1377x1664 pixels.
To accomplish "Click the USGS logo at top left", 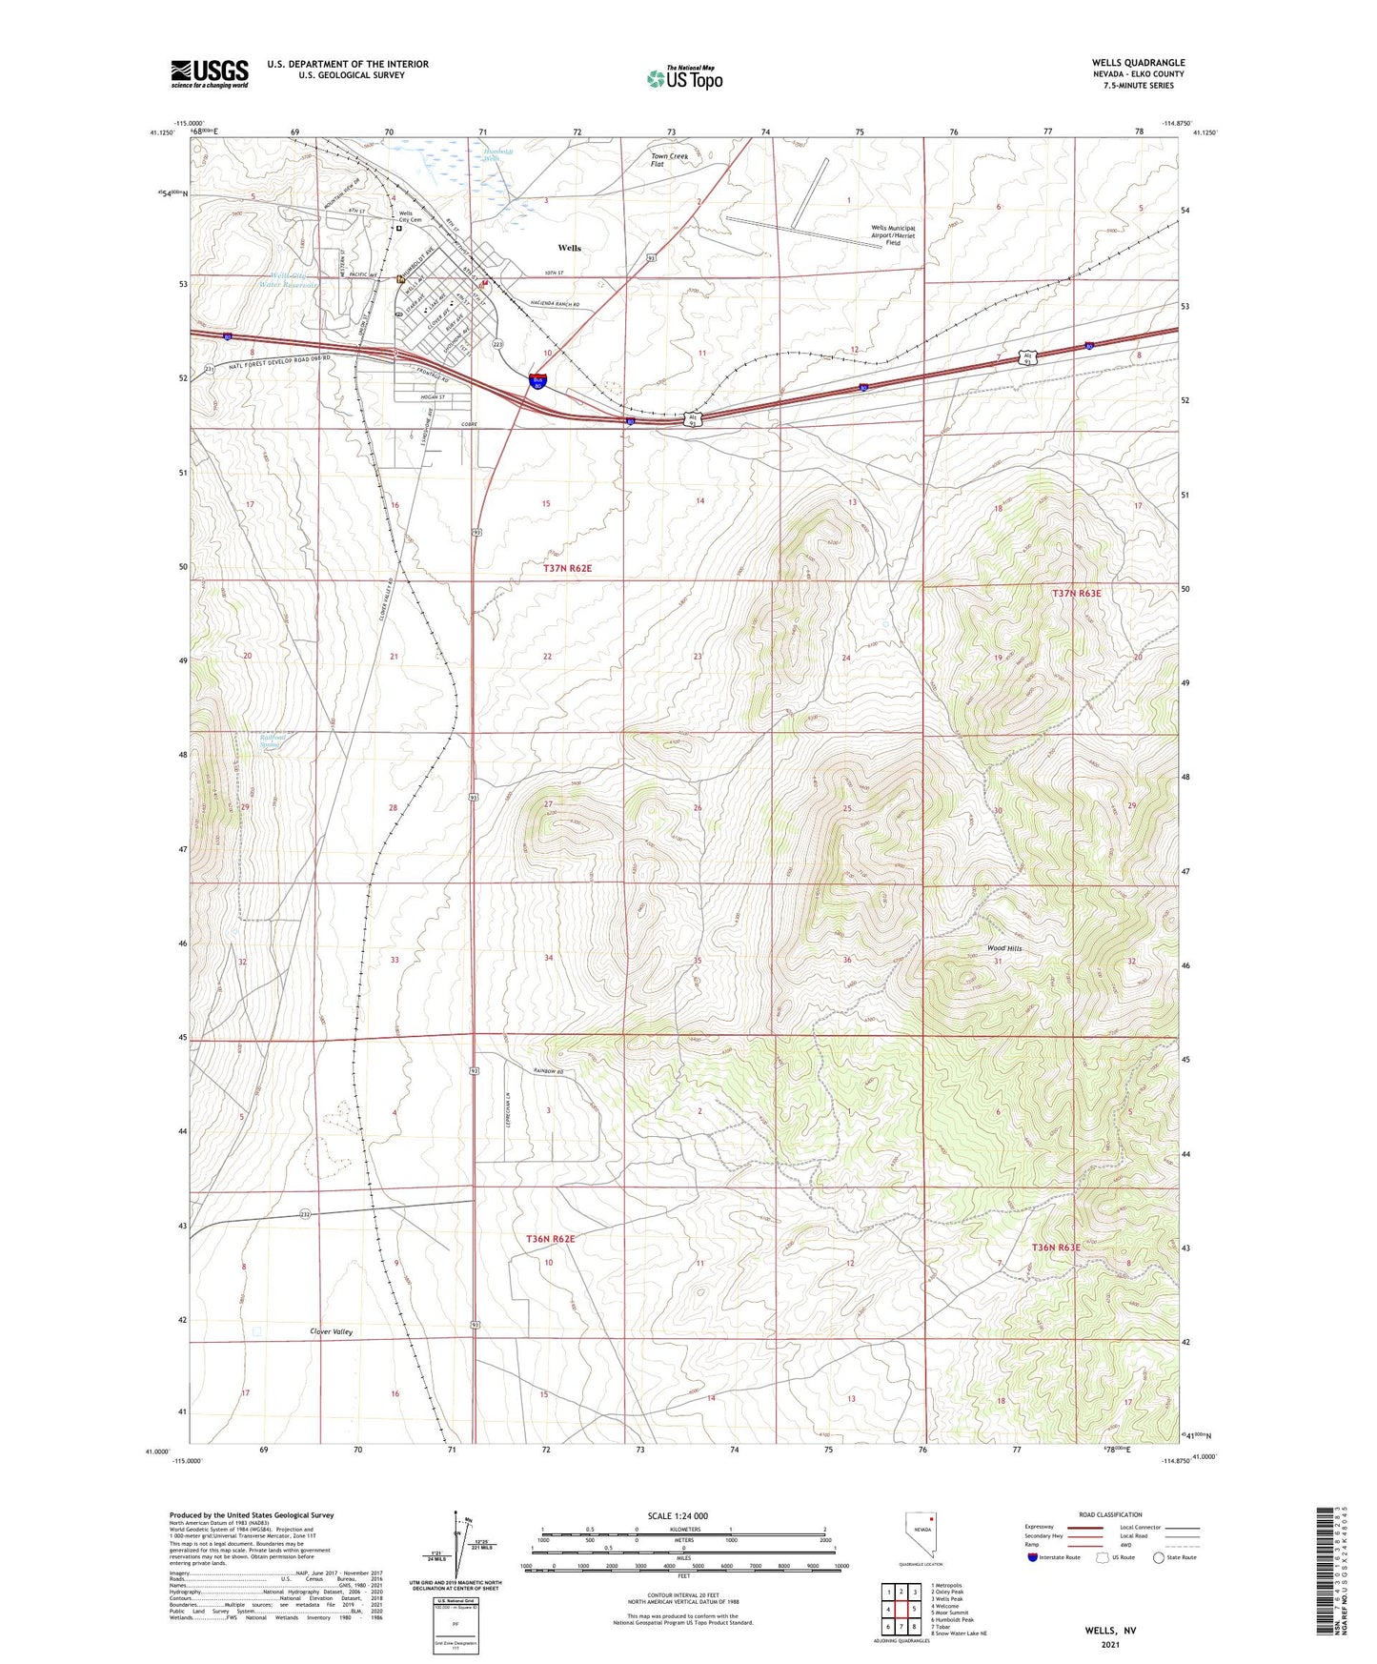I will [209, 73].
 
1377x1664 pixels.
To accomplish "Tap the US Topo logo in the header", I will [684, 78].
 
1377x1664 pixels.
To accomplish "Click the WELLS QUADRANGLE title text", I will [1138, 63].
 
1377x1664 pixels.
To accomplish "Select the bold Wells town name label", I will [569, 248].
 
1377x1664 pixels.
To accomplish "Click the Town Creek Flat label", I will [670, 160].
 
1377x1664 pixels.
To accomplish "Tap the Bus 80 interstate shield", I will [538, 380].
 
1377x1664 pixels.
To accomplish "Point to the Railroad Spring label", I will [273, 741].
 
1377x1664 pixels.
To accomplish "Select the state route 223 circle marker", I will [497, 343].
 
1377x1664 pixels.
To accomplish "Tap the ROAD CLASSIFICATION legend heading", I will [1109, 1514].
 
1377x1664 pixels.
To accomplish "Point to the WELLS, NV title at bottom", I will [1110, 1631].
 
